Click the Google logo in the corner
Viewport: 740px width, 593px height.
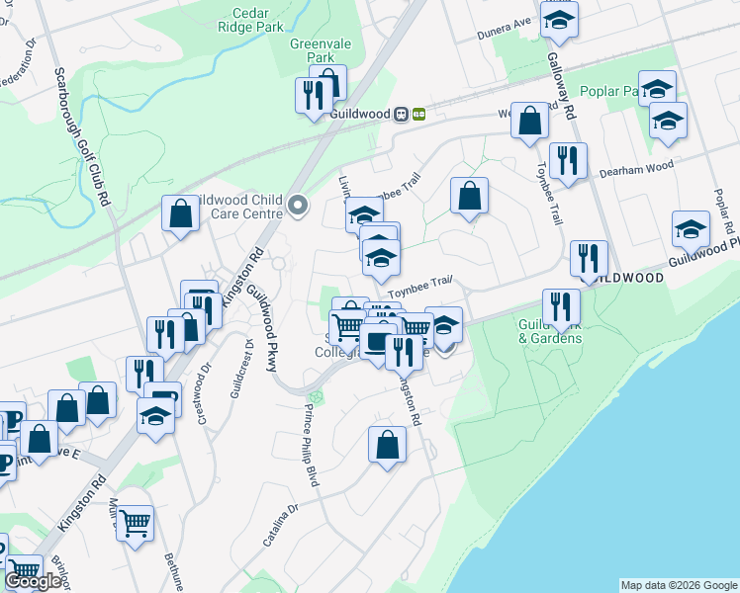34,580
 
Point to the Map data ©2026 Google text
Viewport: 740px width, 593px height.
679,585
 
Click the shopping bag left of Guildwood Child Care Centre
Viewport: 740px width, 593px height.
181,212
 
